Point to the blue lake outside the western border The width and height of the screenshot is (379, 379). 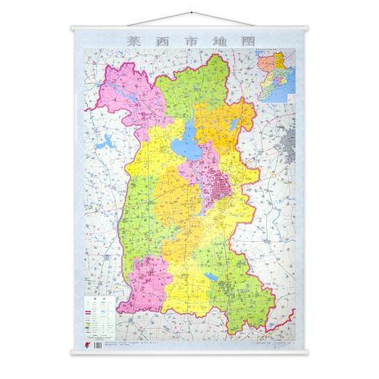(x=108, y=140)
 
